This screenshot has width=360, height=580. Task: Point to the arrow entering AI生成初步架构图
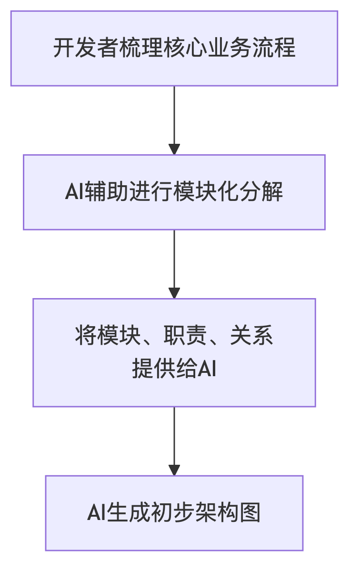tap(174, 441)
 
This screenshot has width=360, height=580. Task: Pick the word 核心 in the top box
tap(193, 49)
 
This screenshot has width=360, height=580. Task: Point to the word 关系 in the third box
tap(252, 336)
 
